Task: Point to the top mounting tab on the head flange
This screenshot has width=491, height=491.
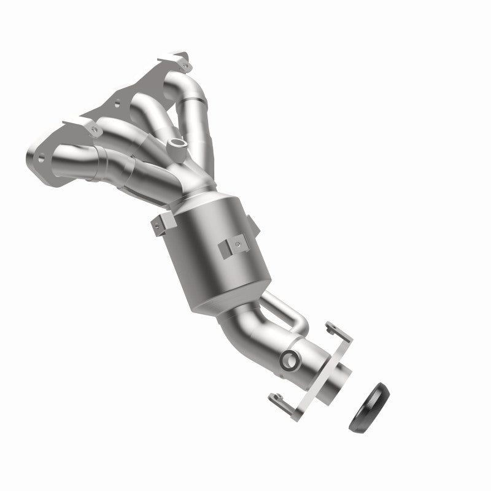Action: (182, 61)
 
